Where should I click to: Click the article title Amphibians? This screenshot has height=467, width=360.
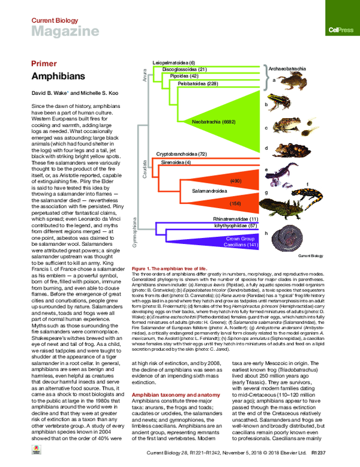click(53, 77)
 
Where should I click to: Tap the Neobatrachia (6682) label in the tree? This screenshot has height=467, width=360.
click(213, 122)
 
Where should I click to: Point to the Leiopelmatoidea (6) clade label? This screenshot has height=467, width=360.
click(174, 62)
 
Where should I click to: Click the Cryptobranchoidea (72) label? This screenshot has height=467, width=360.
click(181, 155)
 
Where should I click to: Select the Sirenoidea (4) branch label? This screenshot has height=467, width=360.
click(175, 162)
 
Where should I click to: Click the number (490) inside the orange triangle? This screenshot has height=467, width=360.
click(235, 180)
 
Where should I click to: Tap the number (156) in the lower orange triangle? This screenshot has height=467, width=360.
click(235, 204)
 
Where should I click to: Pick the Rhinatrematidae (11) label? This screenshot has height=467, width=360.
click(235, 219)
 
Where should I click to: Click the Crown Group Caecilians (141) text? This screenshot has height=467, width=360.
click(240, 242)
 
